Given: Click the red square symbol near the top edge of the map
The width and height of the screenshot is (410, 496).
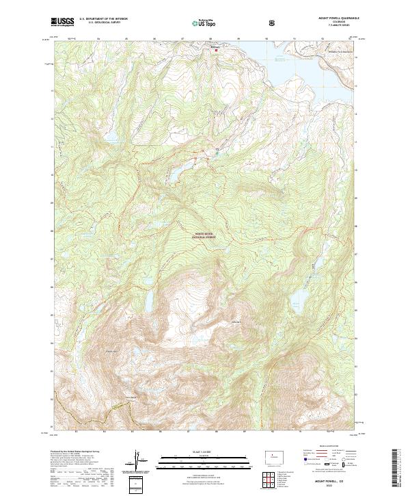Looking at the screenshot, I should coord(217,50).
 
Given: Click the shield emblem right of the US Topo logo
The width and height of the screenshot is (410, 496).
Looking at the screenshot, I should coord(273,23).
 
